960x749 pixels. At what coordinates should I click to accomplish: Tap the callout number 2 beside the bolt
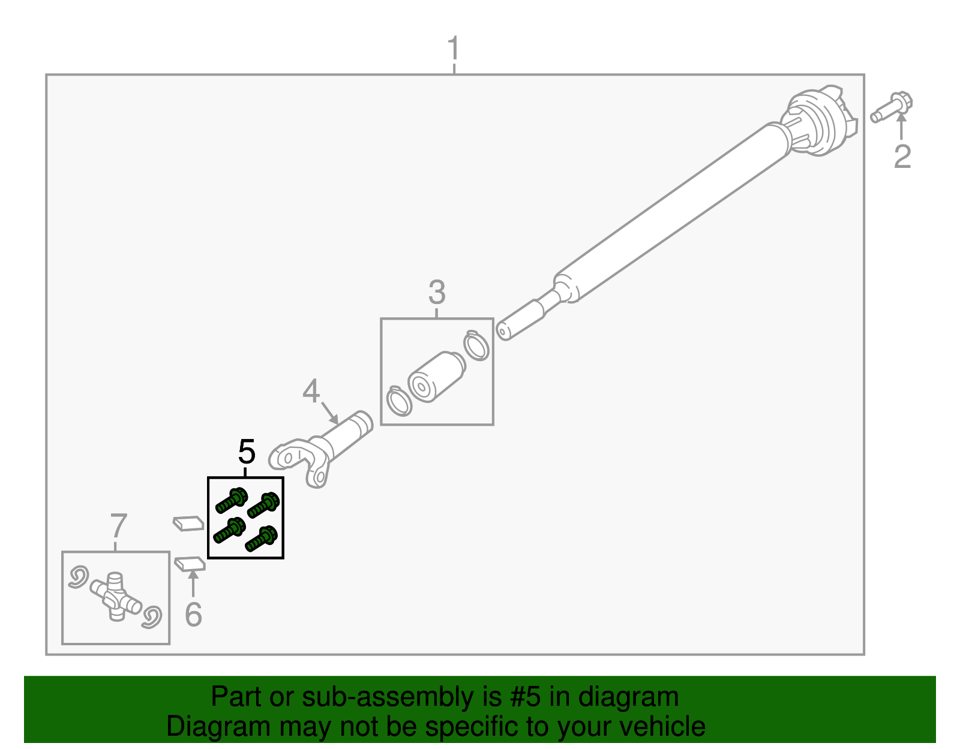point(902,157)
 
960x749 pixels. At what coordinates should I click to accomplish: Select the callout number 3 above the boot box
point(437,293)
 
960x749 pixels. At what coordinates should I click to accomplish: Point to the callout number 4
point(311,392)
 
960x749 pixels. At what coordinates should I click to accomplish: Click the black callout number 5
point(247,452)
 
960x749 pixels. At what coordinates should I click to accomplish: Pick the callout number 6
point(193,614)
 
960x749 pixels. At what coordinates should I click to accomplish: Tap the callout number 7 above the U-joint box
point(119,526)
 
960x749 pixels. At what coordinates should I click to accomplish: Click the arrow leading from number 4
point(329,413)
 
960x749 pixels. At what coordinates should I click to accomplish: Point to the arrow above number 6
point(193,582)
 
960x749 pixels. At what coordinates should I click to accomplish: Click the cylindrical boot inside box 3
point(436,376)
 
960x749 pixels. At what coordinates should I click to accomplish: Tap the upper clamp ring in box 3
point(476,345)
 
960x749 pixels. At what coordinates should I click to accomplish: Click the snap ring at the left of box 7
point(79,577)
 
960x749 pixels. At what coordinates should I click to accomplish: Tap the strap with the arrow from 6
point(190,564)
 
